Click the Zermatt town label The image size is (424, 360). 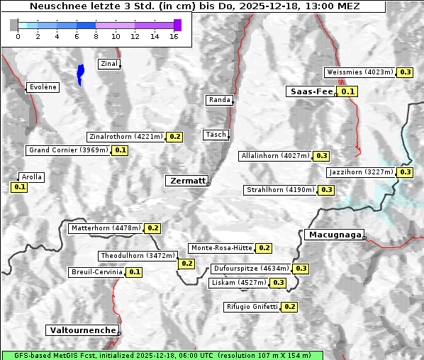[x=187, y=181]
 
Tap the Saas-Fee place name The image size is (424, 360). [x=311, y=91]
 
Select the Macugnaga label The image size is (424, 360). [x=333, y=235]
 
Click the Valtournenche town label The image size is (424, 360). [x=82, y=330]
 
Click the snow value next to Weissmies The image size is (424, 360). [x=406, y=72]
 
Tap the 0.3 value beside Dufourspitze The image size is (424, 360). [x=301, y=269]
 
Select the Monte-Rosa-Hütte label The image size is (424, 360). [x=221, y=248]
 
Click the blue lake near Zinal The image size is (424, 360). [x=80, y=73]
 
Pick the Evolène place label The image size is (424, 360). [x=43, y=87]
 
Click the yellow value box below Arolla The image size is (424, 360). [x=19, y=187]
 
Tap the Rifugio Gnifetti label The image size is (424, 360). [x=252, y=307]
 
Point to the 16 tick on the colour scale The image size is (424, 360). [x=174, y=36]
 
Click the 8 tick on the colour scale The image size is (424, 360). [x=96, y=36]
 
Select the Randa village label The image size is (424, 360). [x=219, y=100]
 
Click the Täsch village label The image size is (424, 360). [x=215, y=135]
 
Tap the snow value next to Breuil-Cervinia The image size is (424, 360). [x=134, y=272]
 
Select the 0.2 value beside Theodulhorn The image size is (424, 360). [x=186, y=264]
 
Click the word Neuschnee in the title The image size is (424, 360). [x=52, y=6]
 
